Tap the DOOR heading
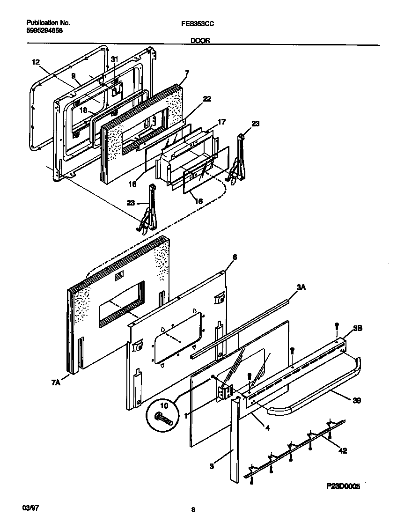click(x=200, y=41)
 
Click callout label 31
click(x=115, y=59)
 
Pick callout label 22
click(x=206, y=99)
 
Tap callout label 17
click(x=222, y=122)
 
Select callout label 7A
click(x=56, y=383)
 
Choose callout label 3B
click(x=357, y=329)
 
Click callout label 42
click(x=344, y=451)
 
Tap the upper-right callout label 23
click(x=255, y=124)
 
